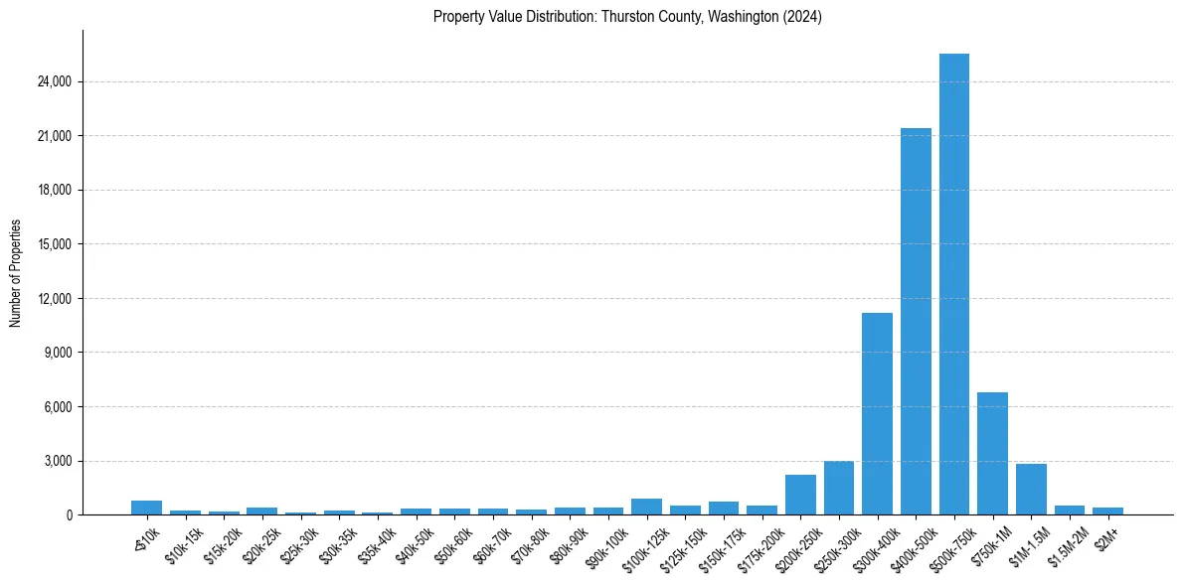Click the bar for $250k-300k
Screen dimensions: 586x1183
tap(838, 488)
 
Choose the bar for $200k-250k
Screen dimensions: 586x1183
tap(800, 495)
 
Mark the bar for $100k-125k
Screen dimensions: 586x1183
tap(646, 507)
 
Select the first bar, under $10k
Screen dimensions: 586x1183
tap(146, 508)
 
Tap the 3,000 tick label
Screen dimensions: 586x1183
tap(57, 461)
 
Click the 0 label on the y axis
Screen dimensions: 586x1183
tap(68, 515)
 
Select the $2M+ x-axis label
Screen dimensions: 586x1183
tap(1105, 535)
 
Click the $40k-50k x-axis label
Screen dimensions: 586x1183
tap(415, 542)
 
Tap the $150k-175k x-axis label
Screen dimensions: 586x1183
tap(720, 545)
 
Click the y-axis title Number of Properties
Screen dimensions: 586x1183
tap(15, 273)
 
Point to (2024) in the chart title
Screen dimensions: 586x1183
tap(802, 17)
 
